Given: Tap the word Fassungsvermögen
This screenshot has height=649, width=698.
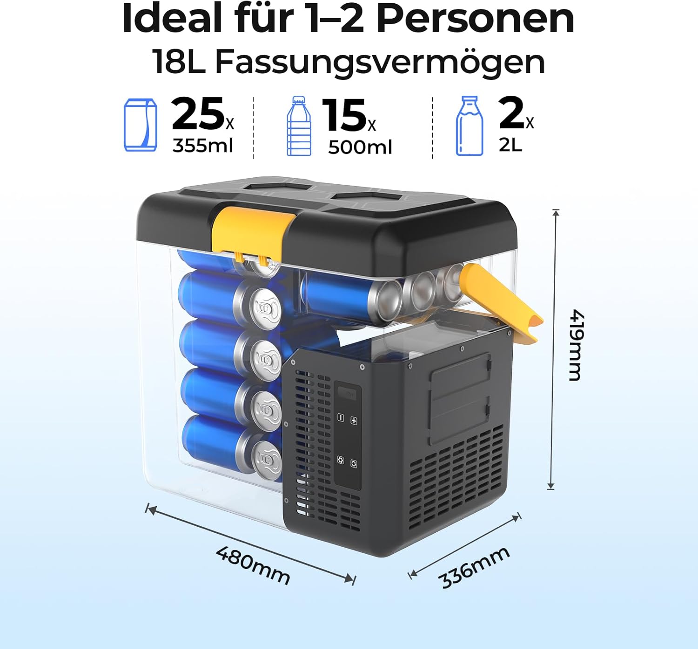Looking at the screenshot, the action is [x=380, y=62].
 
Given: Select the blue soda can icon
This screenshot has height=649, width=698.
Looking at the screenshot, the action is [x=141, y=125].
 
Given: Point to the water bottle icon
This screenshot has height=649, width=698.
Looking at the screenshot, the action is [x=299, y=126].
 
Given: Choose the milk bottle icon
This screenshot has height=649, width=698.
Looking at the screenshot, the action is [x=470, y=126].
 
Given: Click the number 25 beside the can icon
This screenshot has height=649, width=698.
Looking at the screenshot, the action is [x=198, y=114].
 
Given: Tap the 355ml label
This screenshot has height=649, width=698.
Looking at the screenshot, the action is [x=203, y=145].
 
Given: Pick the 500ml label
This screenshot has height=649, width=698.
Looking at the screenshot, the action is [x=360, y=147].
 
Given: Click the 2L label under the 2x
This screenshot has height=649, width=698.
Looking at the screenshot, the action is [x=510, y=144].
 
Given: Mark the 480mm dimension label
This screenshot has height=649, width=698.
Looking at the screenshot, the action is [x=253, y=565].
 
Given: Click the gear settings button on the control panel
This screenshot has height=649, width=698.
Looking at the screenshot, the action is [x=340, y=460].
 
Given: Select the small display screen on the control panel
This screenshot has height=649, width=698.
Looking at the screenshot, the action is [x=347, y=393].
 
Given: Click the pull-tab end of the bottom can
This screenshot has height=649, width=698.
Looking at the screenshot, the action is [x=267, y=460].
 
